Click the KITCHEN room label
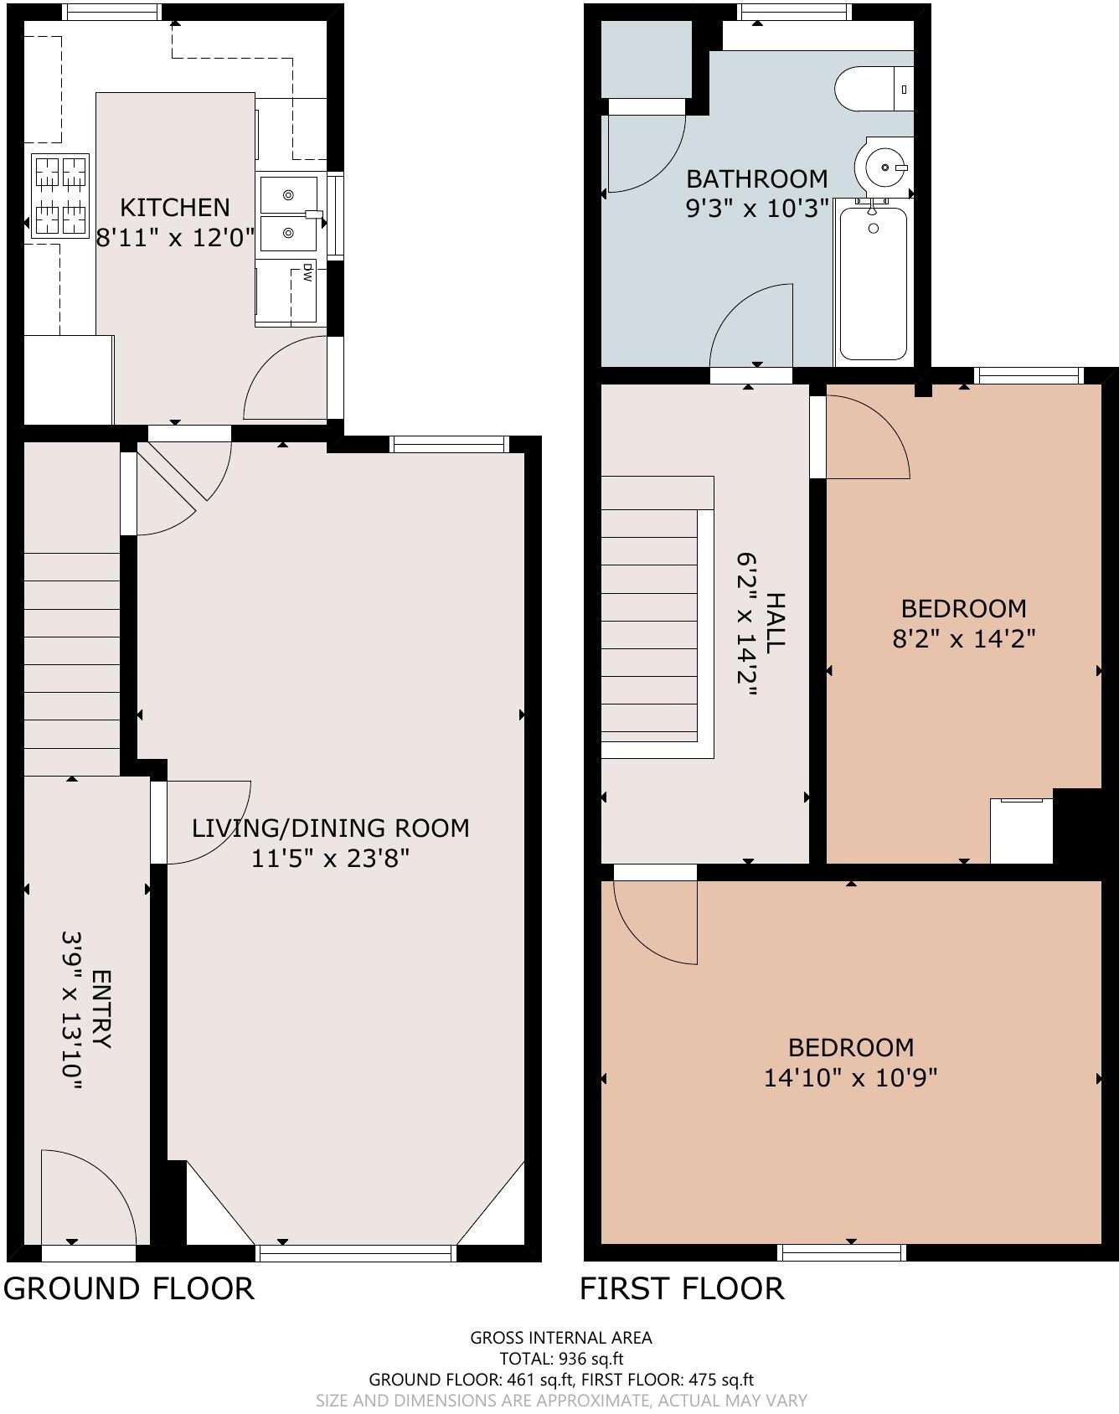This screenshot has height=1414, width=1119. pyautogui.click(x=174, y=207)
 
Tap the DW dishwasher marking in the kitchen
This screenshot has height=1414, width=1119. pyautogui.click(x=307, y=272)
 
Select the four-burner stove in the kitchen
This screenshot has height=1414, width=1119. pyautogui.click(x=60, y=196)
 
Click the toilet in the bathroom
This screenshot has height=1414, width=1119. pyautogui.click(x=871, y=88)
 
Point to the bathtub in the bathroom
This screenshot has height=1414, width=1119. pyautogui.click(x=873, y=283)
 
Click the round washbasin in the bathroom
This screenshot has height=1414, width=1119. pyautogui.click(x=882, y=167)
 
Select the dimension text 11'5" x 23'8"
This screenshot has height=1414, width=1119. pyautogui.click(x=330, y=859)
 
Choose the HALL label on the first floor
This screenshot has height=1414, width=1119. pyautogui.click(x=776, y=622)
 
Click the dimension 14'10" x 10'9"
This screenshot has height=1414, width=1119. pyautogui.click(x=850, y=1077)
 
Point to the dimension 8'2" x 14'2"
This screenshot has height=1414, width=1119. pyautogui.click(x=963, y=639)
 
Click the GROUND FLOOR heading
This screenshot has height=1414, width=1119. pyautogui.click(x=128, y=1288)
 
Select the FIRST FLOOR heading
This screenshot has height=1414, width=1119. pyautogui.click(x=682, y=1288)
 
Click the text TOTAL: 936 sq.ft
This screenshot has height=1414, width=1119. pyautogui.click(x=560, y=1359)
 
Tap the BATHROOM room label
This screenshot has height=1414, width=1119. pyautogui.click(x=756, y=178)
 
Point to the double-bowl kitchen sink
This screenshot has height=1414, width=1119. pyautogui.click(x=288, y=214)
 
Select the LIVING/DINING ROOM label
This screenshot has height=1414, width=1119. pyautogui.click(x=330, y=828)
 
